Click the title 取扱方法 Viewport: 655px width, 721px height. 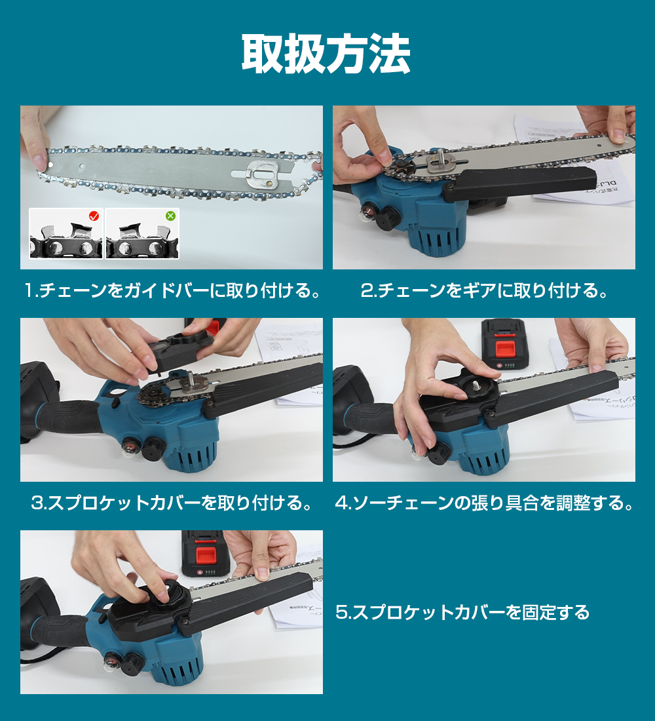pyautogui.click(x=326, y=54)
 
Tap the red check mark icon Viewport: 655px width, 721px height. pyautogui.click(x=94, y=216)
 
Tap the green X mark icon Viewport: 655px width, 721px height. pyautogui.click(x=170, y=216)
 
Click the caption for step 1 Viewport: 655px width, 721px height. pyautogui.click(x=172, y=290)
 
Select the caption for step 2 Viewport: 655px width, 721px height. pyautogui.click(x=484, y=290)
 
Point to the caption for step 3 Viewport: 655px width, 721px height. pyautogui.click(x=172, y=503)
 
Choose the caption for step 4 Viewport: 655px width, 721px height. pyautogui.click(x=484, y=503)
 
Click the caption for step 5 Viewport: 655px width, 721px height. pyautogui.click(x=462, y=612)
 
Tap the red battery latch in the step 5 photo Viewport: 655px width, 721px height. pyautogui.click(x=206, y=555)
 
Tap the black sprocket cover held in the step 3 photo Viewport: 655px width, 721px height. pyautogui.click(x=181, y=349)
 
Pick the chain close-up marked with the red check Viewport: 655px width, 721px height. pyautogui.click(x=66, y=233)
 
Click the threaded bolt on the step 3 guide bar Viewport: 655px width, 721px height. pyautogui.click(x=191, y=377)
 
